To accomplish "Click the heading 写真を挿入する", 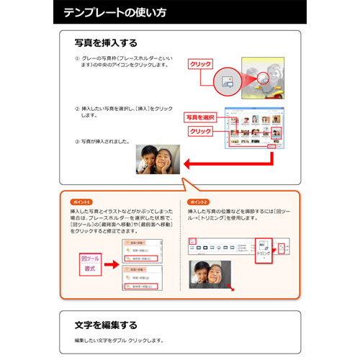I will pos(106,43).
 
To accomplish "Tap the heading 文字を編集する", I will pos(106,325).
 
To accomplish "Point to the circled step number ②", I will pos(77,109).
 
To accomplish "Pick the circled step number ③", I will pos(77,141).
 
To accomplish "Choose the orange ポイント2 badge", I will pos(197,202).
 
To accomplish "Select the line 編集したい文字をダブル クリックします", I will pos(119,341).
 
